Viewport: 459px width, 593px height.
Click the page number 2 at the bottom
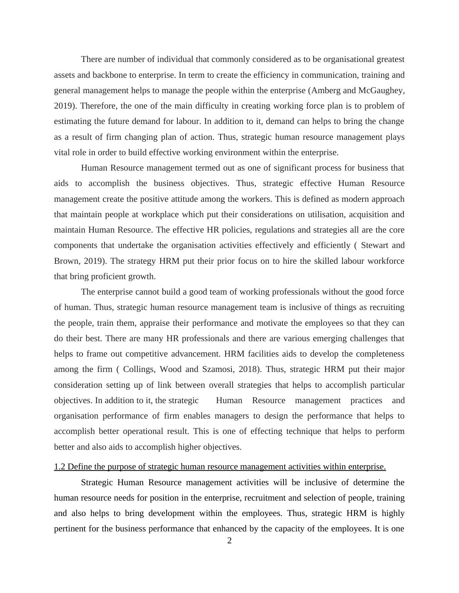[x=229, y=541]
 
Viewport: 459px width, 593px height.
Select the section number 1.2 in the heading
[x=59, y=467]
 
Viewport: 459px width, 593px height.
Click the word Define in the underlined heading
[x=79, y=467]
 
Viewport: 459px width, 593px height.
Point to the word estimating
[x=71, y=121]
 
